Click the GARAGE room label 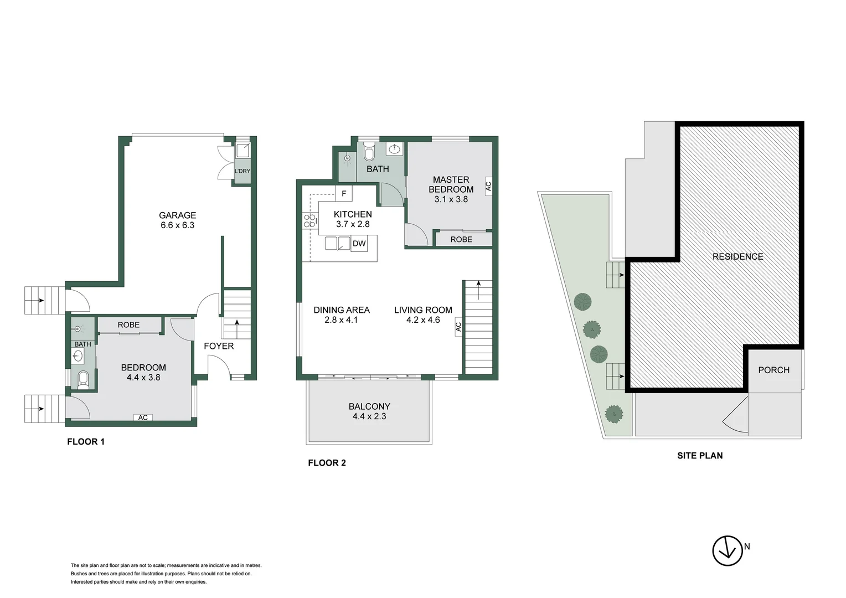177,215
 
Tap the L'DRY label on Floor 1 242,171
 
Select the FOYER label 219,346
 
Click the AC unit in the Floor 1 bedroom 143,417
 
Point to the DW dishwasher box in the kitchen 359,244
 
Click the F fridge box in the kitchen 344,194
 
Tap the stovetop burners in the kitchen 309,221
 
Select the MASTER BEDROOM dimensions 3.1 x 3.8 451,199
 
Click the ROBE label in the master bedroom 461,239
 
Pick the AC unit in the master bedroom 488,187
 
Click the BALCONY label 369,406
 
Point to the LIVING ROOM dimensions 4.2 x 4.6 423,320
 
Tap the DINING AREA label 341,310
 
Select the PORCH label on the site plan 773,370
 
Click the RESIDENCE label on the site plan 737,256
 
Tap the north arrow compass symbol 727,550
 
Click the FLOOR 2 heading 327,463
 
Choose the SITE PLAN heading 700,456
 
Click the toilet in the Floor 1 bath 83,378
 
